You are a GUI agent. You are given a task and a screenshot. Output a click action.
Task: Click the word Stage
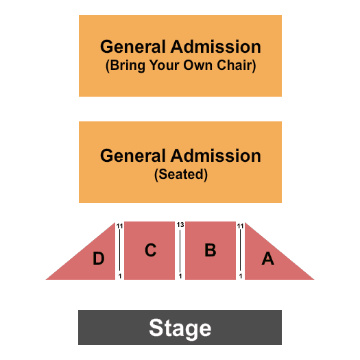click(180, 328)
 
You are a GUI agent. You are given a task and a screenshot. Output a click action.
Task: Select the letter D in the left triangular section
click(99, 259)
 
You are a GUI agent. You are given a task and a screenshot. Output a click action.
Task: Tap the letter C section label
click(151, 250)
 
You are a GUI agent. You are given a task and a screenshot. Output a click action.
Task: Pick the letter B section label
click(211, 250)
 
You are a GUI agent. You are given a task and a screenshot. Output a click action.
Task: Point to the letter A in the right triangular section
click(268, 259)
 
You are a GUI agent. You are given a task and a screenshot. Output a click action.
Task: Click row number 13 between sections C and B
click(180, 224)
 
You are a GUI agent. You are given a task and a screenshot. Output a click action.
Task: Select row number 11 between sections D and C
click(119, 226)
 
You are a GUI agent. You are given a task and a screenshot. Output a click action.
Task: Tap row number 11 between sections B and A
click(240, 226)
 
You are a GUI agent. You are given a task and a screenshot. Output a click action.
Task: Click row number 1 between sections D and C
click(120, 276)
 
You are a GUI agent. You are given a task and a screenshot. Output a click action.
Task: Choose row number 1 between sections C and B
click(180, 276)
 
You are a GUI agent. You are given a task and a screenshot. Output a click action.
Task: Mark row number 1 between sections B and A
click(241, 276)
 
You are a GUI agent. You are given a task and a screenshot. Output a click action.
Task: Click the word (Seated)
click(181, 174)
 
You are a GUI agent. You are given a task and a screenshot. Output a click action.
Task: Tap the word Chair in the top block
click(237, 65)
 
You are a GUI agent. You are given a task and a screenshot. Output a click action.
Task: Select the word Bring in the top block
click(125, 66)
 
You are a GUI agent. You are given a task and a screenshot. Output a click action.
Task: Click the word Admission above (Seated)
click(215, 156)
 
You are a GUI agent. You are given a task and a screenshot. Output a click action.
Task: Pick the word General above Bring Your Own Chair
click(133, 47)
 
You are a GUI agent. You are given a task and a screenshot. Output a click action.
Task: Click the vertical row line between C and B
click(180, 251)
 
